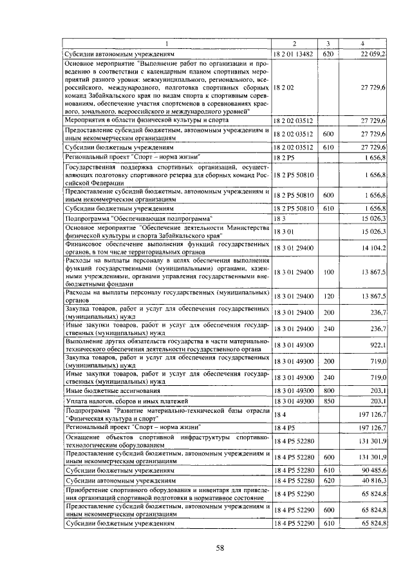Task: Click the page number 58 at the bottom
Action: [220, 548]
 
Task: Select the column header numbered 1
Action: [166, 44]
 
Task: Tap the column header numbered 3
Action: [327, 44]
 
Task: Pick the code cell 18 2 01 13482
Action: [293, 54]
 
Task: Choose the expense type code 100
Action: [327, 272]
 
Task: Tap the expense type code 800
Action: [327, 390]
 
